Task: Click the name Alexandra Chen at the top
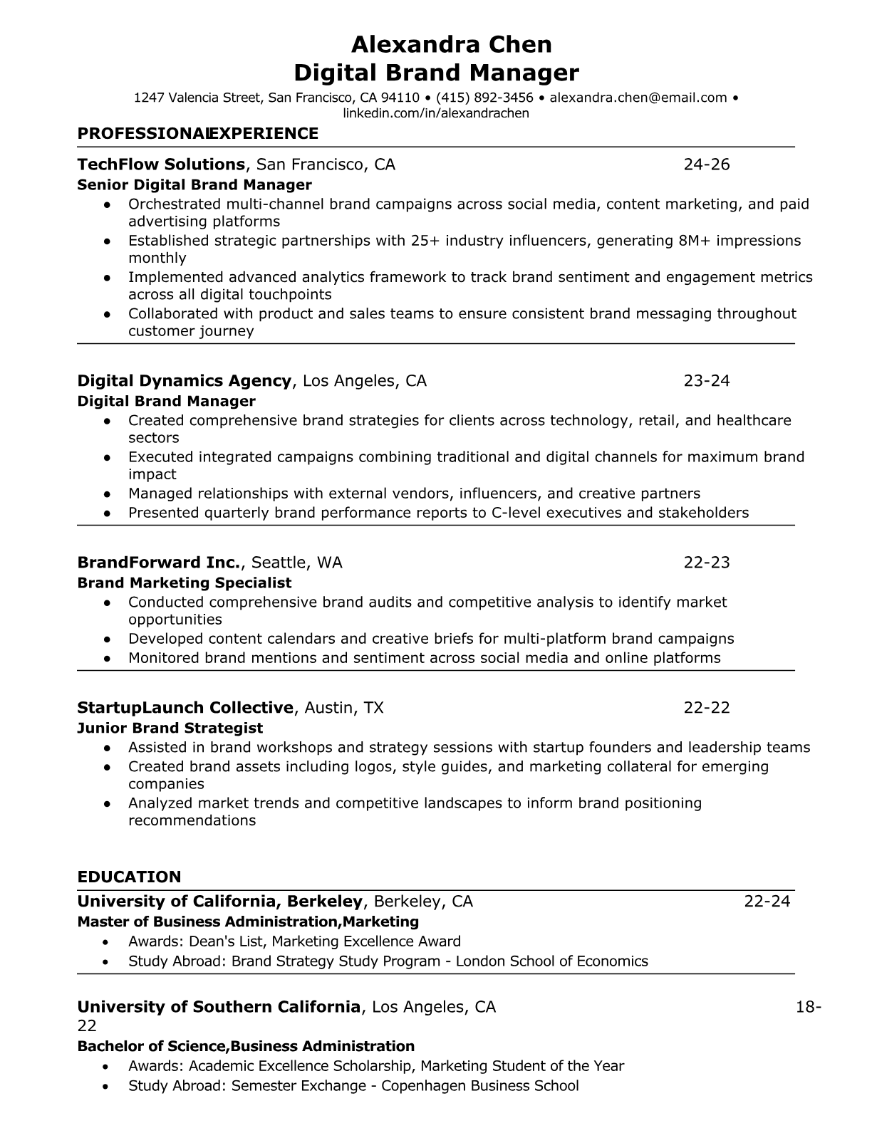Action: (452, 45)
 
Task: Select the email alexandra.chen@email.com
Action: (638, 98)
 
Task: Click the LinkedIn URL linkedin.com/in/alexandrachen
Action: (436, 113)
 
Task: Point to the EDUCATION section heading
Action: (129, 877)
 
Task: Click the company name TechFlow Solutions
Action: (161, 164)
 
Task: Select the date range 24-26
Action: (707, 164)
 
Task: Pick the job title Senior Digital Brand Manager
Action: (194, 185)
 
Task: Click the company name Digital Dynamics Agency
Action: (185, 381)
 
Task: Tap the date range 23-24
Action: (707, 381)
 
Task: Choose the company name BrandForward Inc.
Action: (160, 563)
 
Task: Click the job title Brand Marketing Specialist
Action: (184, 583)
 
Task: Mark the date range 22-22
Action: (707, 708)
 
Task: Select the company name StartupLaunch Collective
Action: (185, 708)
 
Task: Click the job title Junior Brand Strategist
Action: (170, 728)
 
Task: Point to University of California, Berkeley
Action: (220, 902)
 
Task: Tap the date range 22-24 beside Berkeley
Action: (767, 902)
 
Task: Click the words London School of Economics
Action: (551, 961)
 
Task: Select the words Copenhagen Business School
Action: (479, 1086)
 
